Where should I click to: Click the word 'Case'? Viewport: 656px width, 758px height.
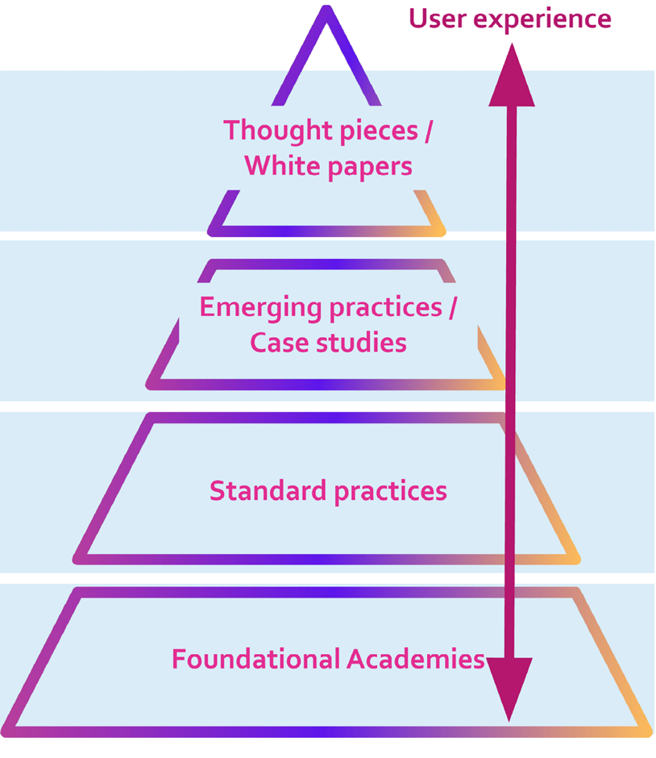[280, 343]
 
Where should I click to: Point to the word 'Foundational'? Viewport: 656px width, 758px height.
[255, 660]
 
